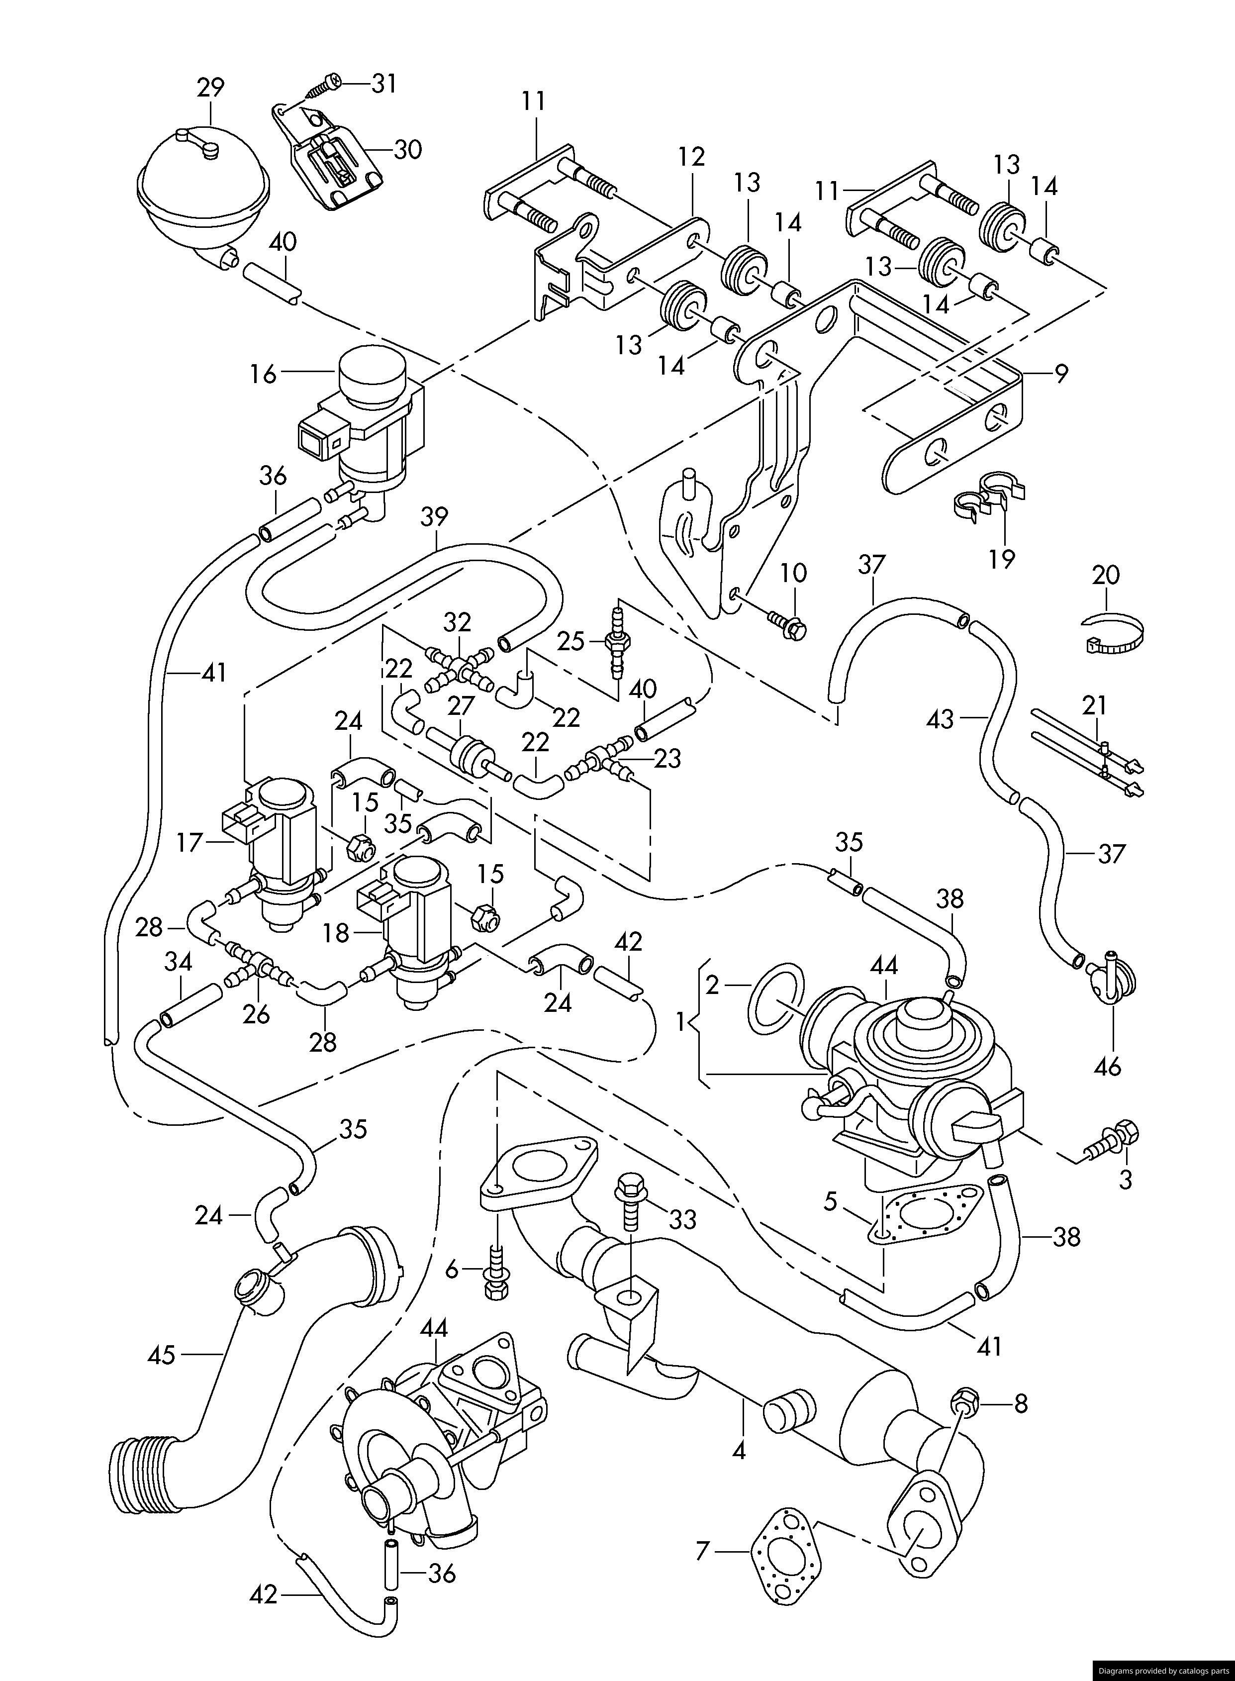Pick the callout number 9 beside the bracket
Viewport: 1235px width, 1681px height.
pos(1061,373)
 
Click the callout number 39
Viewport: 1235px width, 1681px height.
pos(434,517)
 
